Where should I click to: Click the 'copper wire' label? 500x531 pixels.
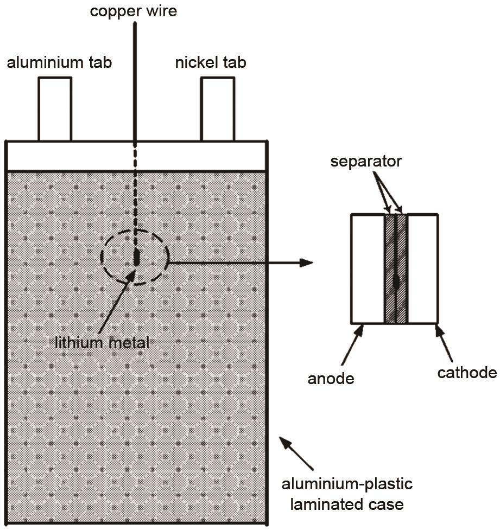pos(134,11)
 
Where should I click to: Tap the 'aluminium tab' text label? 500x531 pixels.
pos(59,62)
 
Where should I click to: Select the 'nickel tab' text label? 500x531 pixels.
pos(210,62)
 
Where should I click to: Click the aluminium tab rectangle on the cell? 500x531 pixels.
pos(55,108)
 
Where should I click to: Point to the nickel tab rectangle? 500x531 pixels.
pos(218,108)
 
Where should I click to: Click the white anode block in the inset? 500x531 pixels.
pos(368,268)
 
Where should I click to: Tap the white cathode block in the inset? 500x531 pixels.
pos(422,268)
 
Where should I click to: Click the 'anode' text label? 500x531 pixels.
pos(331,378)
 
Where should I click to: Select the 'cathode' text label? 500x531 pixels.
pos(467,373)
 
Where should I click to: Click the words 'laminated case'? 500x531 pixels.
pos(347,504)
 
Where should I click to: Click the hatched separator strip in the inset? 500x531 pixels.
pos(396,268)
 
